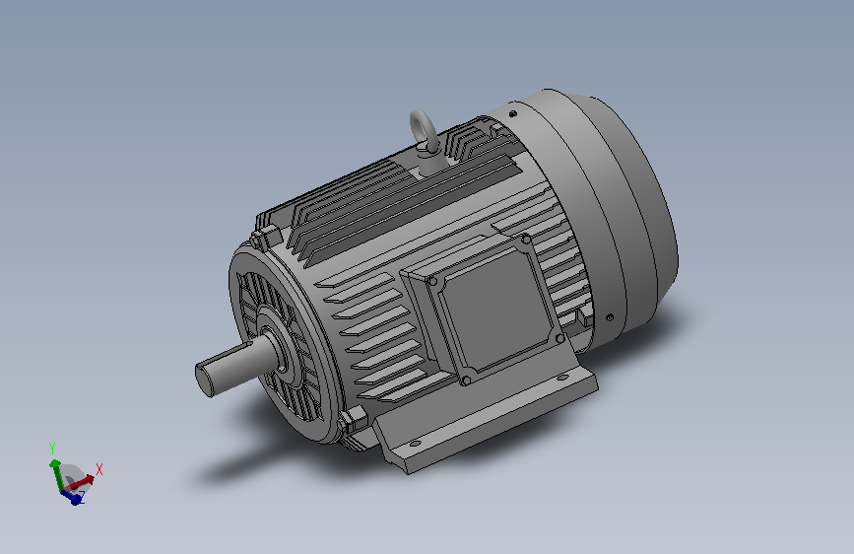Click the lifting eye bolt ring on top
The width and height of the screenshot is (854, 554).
click(425, 125)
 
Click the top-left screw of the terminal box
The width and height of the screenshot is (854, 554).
click(432, 281)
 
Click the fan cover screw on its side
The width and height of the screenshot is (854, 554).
click(611, 317)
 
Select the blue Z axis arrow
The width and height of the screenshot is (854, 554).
click(72, 496)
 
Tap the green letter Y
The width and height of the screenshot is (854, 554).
click(51, 448)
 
